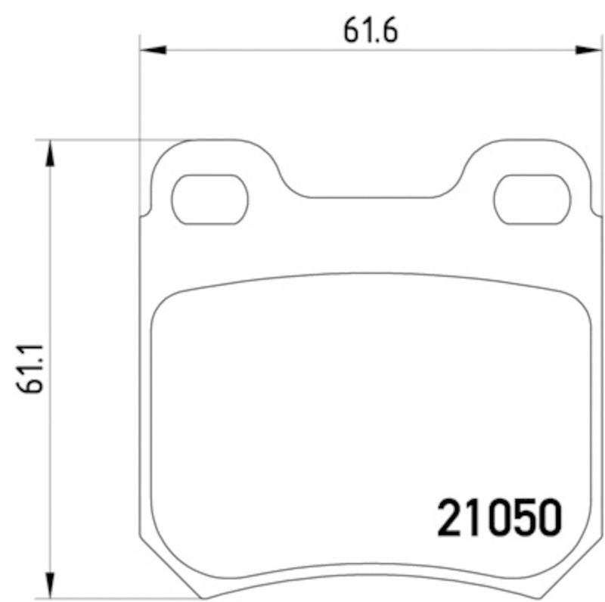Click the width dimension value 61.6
(x=370, y=31)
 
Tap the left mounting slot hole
(x=209, y=200)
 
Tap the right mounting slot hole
(x=532, y=200)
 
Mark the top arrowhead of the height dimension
(x=50, y=152)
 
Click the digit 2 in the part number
(x=451, y=518)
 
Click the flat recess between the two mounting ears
(x=371, y=197)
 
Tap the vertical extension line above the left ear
(x=140, y=91)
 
